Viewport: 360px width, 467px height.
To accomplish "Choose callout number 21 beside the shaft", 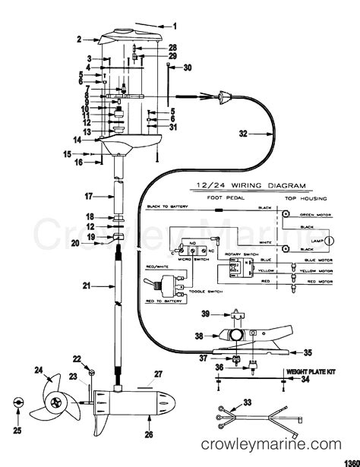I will pyautogui.click(x=86, y=286).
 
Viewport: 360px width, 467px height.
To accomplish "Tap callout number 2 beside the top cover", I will pyautogui.click(x=78, y=38).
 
